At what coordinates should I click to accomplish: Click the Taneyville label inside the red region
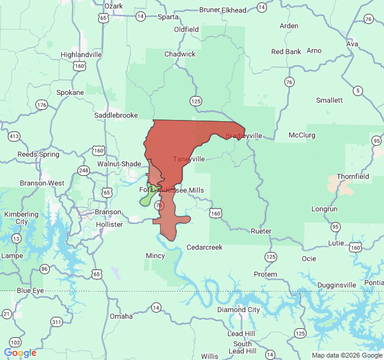(x=189, y=159)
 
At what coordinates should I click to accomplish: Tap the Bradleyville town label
(x=244, y=136)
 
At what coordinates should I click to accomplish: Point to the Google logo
(x=20, y=353)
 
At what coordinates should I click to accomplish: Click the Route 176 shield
(x=41, y=105)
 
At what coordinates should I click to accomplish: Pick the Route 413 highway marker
(x=14, y=136)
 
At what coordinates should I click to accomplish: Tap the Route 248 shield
(x=83, y=171)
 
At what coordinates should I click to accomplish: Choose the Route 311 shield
(x=56, y=322)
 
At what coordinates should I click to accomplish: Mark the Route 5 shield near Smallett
(x=358, y=91)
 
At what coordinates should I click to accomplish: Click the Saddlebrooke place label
(x=116, y=115)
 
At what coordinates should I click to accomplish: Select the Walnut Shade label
(x=119, y=164)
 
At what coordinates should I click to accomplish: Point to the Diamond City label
(x=238, y=310)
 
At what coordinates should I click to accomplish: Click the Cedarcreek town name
(x=205, y=247)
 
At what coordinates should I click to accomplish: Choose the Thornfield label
(x=353, y=176)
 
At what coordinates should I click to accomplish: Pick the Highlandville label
(x=81, y=54)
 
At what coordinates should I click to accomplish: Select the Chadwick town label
(x=180, y=54)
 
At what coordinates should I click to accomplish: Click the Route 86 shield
(x=44, y=269)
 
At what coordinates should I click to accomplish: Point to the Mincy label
(x=155, y=256)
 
